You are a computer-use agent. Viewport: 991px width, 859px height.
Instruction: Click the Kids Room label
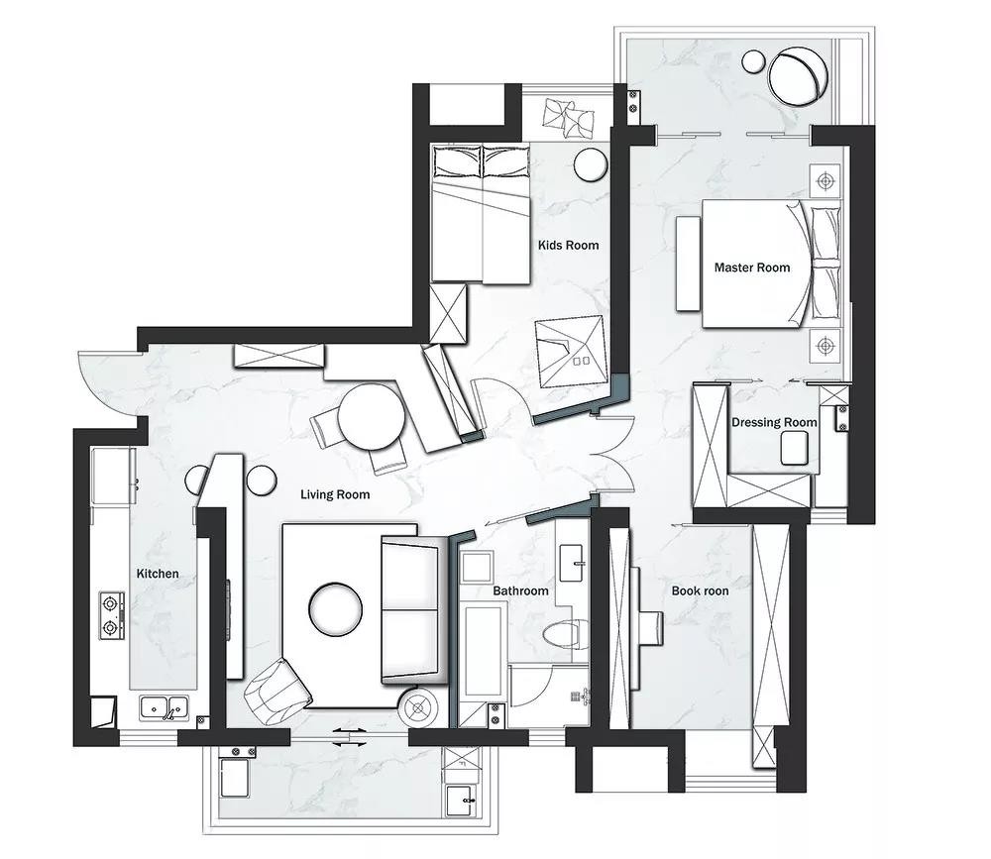568,246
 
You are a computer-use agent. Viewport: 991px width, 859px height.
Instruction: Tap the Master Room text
752,268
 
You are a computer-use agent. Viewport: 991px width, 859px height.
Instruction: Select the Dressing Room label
774,422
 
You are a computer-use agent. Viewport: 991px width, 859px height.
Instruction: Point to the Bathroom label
521,591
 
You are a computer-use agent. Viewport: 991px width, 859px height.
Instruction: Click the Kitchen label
158,574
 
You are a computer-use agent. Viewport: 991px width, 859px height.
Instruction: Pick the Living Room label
335,494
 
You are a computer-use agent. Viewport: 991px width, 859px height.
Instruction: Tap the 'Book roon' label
700,591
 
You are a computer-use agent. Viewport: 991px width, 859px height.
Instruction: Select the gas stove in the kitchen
111,616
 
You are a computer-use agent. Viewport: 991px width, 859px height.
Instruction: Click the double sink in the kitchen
165,708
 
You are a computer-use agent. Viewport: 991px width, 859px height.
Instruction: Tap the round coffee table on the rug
336,608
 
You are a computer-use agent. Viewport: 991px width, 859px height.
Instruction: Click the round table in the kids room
591,164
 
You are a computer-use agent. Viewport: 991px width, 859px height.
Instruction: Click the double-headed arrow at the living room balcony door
350,737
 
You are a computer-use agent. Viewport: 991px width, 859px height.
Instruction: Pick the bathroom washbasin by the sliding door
574,562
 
